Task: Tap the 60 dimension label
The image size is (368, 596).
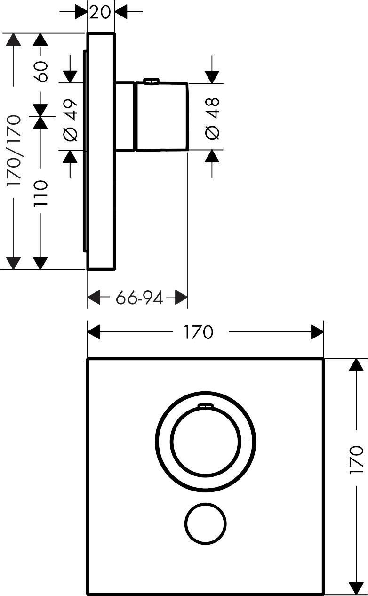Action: [x=41, y=72]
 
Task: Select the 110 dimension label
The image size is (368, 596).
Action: [x=41, y=193]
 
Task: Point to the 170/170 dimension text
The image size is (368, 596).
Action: [x=14, y=150]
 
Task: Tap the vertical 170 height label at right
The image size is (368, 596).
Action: [x=357, y=459]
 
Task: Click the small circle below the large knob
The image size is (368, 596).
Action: [x=205, y=523]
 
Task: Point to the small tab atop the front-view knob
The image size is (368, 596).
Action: [x=205, y=405]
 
